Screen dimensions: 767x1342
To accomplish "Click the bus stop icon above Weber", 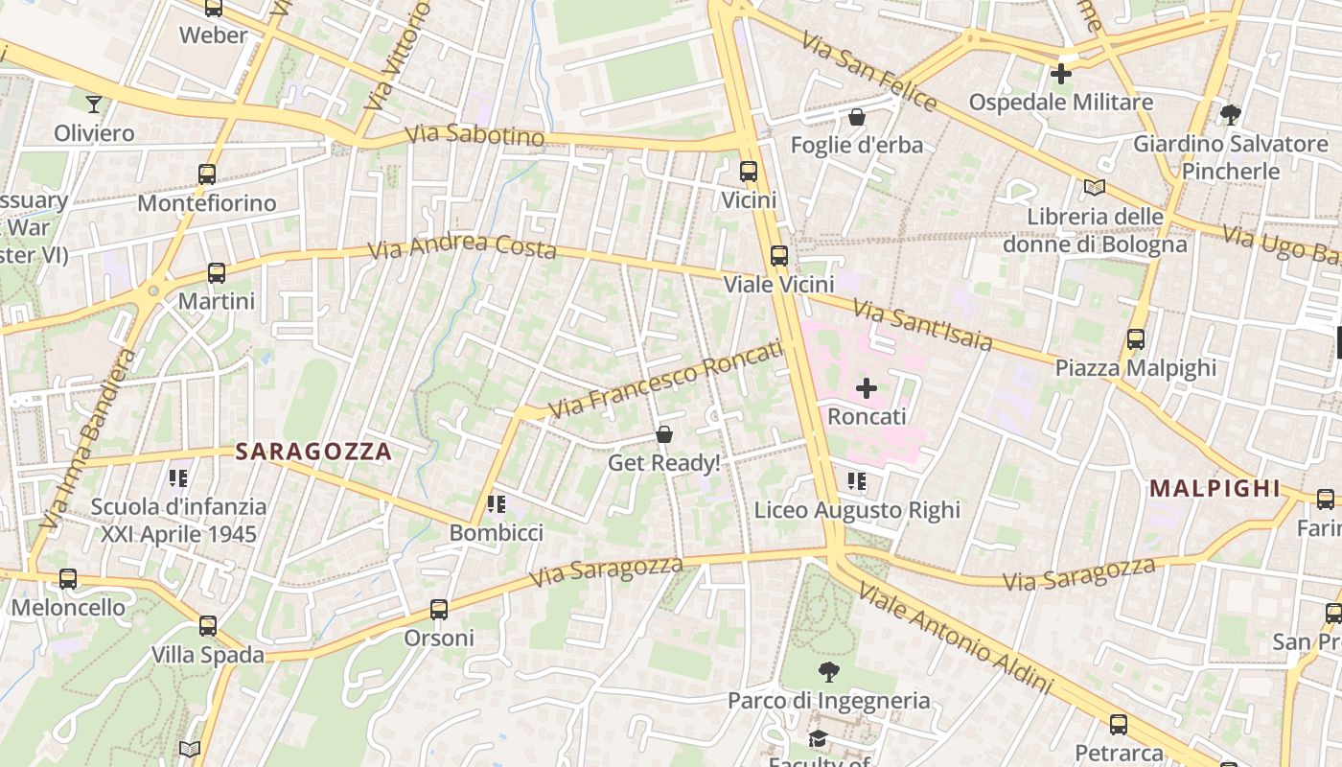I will point(213,8).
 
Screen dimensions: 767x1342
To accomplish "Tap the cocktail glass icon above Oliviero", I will point(94,104).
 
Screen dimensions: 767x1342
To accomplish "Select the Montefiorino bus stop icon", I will point(207,174).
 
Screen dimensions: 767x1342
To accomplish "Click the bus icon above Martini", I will point(217,273).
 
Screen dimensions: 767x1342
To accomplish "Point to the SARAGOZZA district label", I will point(313,452).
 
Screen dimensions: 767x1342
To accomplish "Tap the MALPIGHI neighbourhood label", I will point(1215,488).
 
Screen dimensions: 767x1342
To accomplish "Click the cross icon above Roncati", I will point(867,388).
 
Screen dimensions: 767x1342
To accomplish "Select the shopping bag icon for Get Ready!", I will point(664,435).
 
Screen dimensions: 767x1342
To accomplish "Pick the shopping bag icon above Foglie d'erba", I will point(857,117).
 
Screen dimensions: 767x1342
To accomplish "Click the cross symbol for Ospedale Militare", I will point(1061,73).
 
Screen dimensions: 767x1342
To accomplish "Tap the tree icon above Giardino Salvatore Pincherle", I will point(1231,115).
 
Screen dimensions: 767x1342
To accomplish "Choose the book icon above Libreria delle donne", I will point(1095,188).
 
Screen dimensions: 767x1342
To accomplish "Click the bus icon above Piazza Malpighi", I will point(1136,339).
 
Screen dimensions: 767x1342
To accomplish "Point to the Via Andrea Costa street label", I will point(463,246).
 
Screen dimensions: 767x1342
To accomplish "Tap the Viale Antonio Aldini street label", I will point(956,637).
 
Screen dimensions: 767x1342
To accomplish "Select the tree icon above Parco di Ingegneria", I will point(828,671).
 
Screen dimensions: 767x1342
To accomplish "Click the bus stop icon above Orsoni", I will point(439,609).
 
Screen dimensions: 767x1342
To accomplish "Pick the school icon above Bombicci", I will point(496,503).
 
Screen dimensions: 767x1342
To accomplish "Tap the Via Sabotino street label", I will point(474,135).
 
